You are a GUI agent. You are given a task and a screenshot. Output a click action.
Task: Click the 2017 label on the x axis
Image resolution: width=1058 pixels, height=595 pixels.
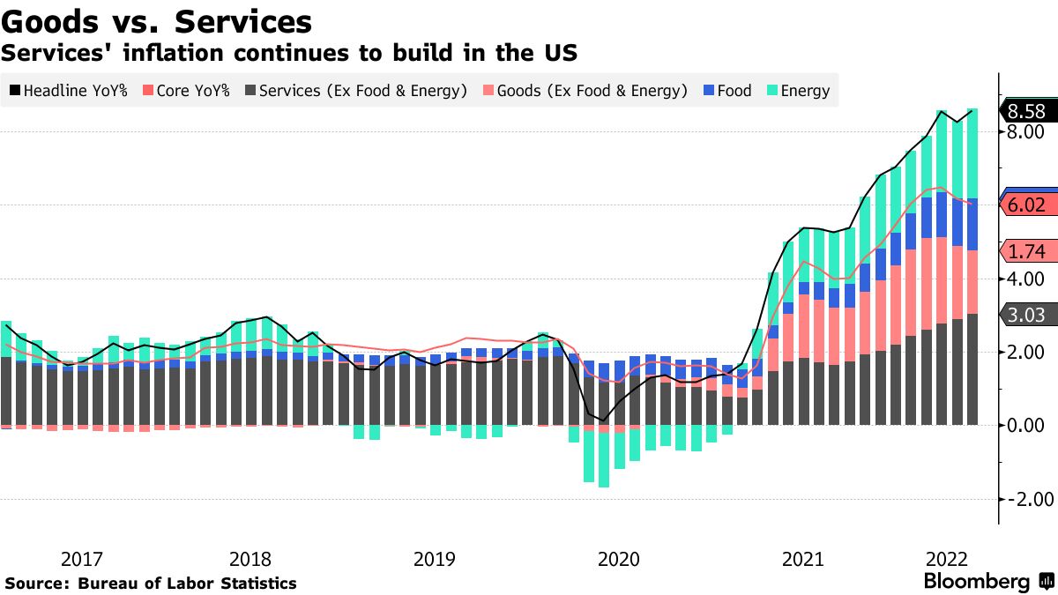[84, 559]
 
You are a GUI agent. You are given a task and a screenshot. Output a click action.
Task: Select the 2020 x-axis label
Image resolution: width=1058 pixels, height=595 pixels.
[618, 559]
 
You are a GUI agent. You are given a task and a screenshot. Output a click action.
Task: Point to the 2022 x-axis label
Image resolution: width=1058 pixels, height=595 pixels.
[950, 559]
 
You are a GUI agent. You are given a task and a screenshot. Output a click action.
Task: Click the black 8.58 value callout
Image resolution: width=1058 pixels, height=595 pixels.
[1026, 112]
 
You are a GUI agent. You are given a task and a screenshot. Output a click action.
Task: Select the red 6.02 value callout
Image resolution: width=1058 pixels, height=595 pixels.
[1026, 205]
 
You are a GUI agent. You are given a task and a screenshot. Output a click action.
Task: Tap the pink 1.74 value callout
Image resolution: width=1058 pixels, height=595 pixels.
[1026, 252]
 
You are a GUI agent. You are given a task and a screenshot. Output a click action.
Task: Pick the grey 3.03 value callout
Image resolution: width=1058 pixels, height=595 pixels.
[1026, 315]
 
